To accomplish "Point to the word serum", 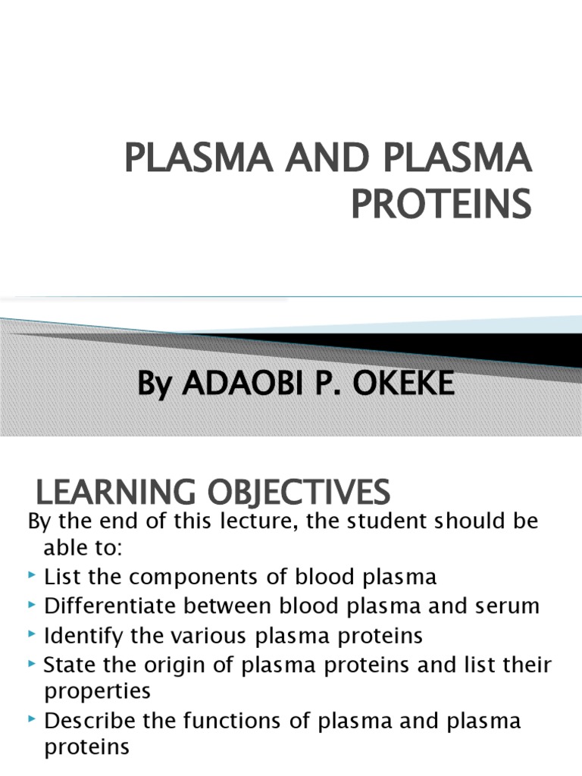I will pyautogui.click(x=508, y=605).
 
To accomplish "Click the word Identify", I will pyautogui.click(x=80, y=634).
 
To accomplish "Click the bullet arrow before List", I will pyautogui.click(x=33, y=577).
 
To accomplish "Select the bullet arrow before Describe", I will pyautogui.click(x=33, y=720).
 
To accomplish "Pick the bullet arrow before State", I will pyautogui.click(x=33, y=664).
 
